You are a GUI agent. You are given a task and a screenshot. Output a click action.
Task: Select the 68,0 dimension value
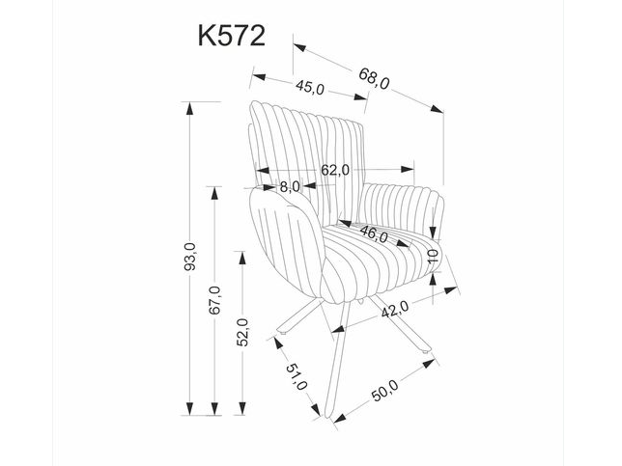[373, 84]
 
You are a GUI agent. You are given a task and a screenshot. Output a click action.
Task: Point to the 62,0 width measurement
[334, 170]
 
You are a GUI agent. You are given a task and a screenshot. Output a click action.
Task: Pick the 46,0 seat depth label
[374, 234]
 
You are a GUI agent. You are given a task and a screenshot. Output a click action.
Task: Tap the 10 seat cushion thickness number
[434, 258]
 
